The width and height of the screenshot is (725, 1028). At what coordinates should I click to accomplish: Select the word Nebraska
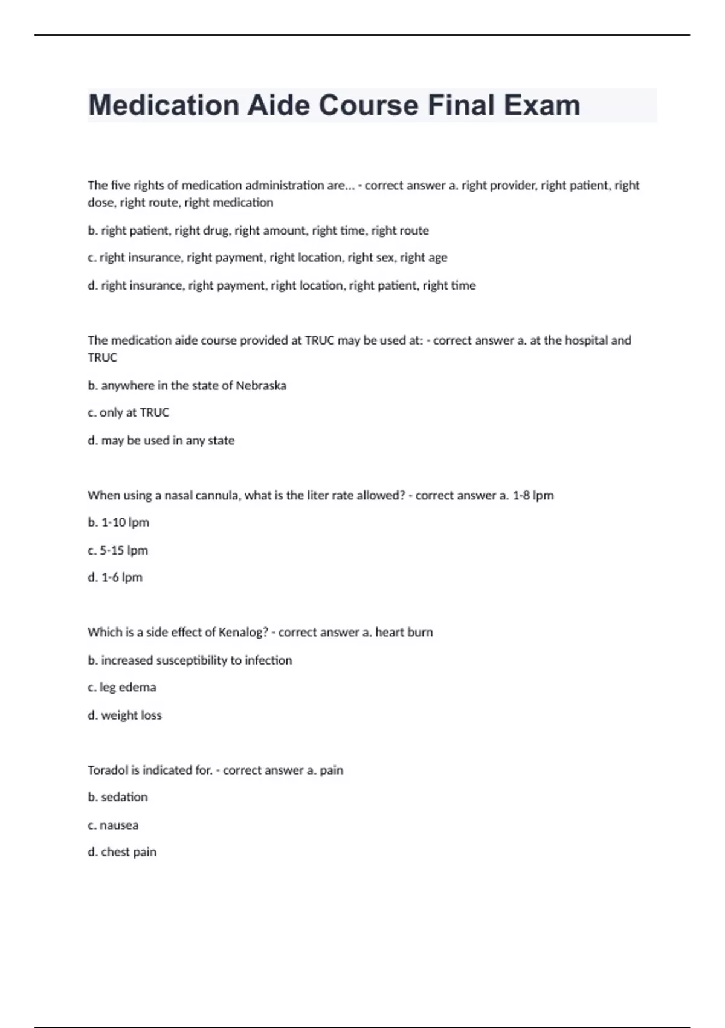point(260,386)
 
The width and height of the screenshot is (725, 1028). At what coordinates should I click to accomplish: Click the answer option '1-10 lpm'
point(124,522)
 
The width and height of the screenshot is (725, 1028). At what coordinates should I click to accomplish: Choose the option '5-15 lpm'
point(124,550)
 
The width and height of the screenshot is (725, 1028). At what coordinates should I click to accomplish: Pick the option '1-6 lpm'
point(121,577)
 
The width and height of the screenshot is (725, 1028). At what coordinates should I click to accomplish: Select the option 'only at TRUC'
point(134,412)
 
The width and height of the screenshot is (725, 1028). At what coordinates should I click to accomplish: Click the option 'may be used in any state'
point(167,441)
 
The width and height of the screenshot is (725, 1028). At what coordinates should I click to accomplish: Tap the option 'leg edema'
point(127,688)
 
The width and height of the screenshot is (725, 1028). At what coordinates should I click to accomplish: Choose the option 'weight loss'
point(131,715)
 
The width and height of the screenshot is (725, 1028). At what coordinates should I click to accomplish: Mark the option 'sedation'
point(124,797)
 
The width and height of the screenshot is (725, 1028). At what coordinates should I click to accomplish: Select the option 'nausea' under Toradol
point(118,825)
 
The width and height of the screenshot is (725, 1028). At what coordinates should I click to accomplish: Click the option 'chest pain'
point(128,852)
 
